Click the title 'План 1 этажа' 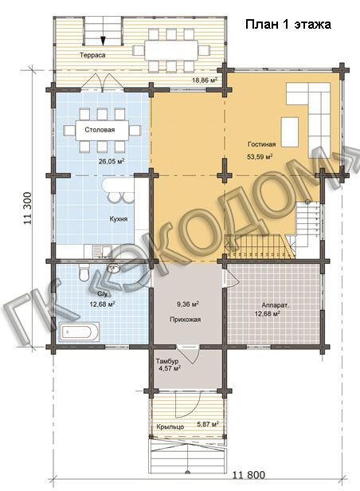[288, 25]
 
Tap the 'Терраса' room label [92, 55]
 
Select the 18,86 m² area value [205, 81]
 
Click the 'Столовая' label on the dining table [100, 130]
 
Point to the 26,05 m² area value [112, 162]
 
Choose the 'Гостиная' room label [262, 144]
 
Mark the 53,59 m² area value [260, 156]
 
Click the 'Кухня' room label [118, 219]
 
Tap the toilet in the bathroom [84, 273]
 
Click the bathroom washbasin [113, 269]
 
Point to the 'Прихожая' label [185, 320]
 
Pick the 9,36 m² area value [188, 304]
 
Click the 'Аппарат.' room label [276, 305]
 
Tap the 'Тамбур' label [167, 361]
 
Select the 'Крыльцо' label [170, 426]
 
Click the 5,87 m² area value [208, 425]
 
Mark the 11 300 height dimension [28, 208]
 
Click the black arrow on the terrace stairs [103, 41]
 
